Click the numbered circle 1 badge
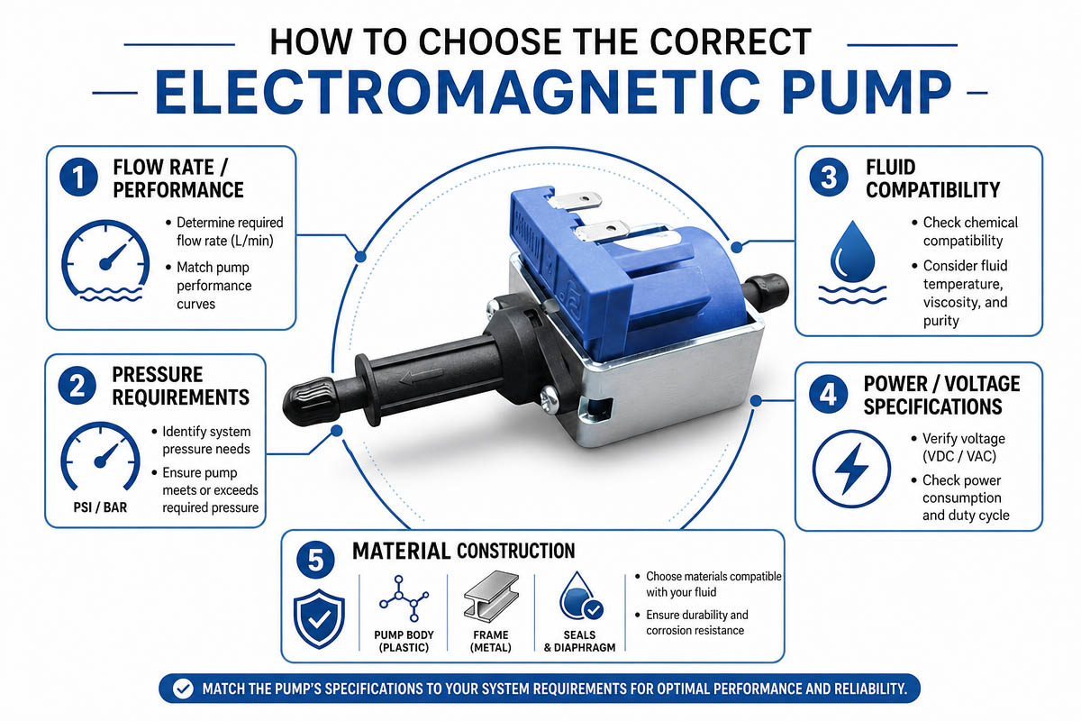pos(78,178)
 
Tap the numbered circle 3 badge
pos(829,178)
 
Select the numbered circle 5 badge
pos(315,560)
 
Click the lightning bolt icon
pos(851,469)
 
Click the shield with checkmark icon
pos(319,618)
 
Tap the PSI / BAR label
pos(100,507)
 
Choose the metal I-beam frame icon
pos(491,596)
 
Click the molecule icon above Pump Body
pos(404,598)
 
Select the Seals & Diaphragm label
pos(579,642)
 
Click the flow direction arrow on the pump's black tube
pos(421,375)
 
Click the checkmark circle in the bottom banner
pos(184,689)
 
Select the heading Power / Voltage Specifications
pos(941,395)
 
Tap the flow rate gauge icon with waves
pos(105,261)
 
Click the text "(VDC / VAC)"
pos(959,456)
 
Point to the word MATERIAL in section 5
pos(401,551)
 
